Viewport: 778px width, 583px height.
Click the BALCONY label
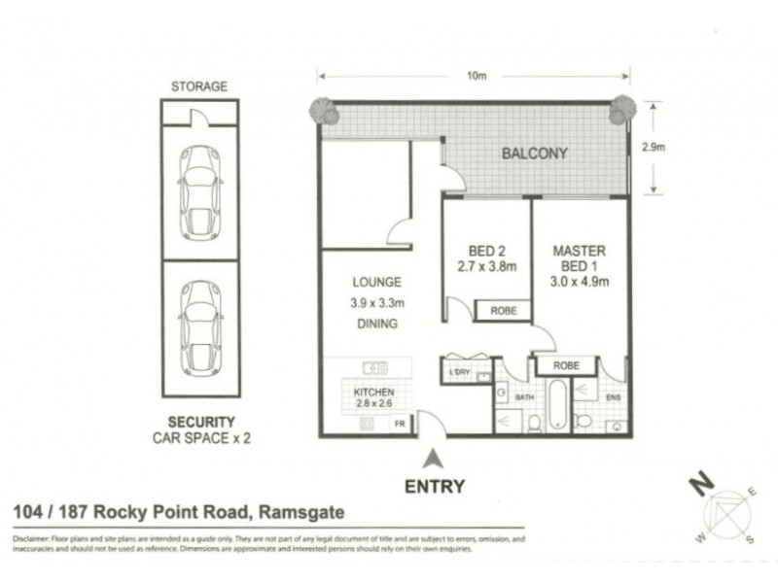coord(534,154)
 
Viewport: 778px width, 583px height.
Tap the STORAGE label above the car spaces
coord(198,86)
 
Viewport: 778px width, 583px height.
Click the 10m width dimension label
coord(476,75)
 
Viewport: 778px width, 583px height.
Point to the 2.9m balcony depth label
coord(654,147)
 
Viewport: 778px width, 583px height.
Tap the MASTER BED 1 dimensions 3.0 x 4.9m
coord(580,283)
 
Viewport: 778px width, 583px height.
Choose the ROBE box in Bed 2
coord(503,311)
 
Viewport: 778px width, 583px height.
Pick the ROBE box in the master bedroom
coord(566,366)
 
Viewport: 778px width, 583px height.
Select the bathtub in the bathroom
coord(554,406)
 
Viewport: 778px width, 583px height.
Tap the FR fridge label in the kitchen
coord(399,424)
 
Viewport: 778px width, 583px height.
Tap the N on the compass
coord(697,482)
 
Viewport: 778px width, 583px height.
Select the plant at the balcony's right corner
coord(619,112)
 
